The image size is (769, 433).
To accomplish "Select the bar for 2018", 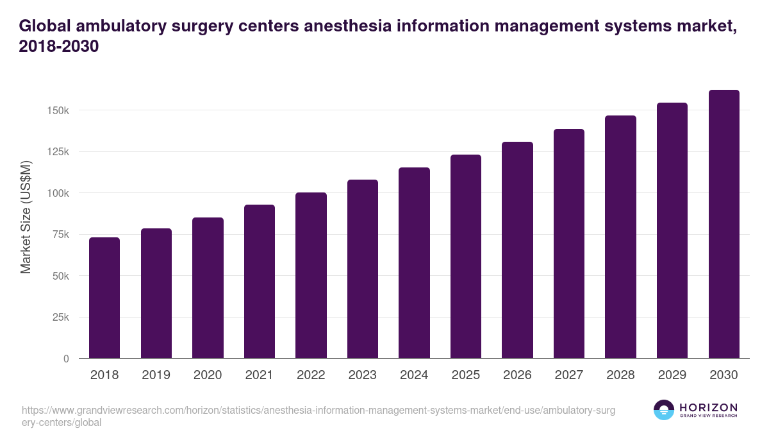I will [x=104, y=298].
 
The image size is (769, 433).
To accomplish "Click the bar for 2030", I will [x=724, y=224].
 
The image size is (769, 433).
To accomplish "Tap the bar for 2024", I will [x=414, y=263].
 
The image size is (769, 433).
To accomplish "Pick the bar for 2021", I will [x=260, y=282].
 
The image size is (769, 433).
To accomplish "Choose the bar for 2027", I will [x=569, y=244].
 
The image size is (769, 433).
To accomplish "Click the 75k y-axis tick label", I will [x=60, y=235].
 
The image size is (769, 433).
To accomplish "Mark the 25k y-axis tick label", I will [x=60, y=318].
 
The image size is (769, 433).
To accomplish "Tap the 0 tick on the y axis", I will [x=66, y=359].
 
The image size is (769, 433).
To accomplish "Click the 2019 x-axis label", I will [x=156, y=375].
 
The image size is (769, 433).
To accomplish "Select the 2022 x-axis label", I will [x=311, y=375].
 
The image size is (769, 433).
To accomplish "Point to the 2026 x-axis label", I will [x=517, y=375].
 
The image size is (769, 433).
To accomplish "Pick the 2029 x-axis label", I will [x=672, y=375].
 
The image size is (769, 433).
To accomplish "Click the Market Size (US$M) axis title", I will [x=26, y=216].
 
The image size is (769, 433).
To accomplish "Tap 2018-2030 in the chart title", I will [x=59, y=47].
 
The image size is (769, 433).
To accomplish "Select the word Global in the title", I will [x=45, y=26].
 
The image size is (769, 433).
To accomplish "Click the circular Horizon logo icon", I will [x=664, y=410].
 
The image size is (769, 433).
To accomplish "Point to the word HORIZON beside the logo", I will [x=708, y=407].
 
